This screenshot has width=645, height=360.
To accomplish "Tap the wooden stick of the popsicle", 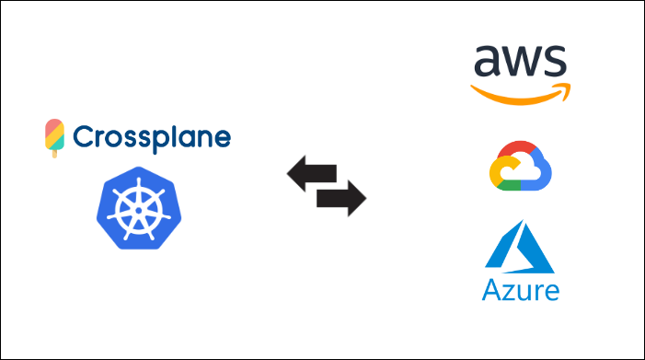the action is pyautogui.click(x=54, y=154).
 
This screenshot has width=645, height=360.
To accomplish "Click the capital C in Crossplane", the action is pyautogui.click(x=83, y=136).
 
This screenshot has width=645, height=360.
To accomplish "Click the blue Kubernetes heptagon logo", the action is pyautogui.click(x=139, y=208).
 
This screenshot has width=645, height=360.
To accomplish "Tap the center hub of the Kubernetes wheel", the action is pyautogui.click(x=139, y=211).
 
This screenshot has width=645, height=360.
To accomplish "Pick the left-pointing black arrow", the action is pyautogui.click(x=312, y=174).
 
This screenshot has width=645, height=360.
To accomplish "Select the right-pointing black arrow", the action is pyautogui.click(x=341, y=198).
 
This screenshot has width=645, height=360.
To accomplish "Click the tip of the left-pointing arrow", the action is pyautogui.click(x=287, y=174).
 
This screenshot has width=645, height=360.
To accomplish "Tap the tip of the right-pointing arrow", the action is pyautogui.click(x=366, y=198).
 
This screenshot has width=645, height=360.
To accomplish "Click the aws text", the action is pyautogui.click(x=521, y=61).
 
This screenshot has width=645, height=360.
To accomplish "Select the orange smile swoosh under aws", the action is pyautogui.click(x=521, y=94).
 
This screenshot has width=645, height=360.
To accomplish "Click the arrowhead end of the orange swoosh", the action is pyautogui.click(x=567, y=88).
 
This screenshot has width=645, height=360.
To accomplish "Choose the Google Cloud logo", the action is pyautogui.click(x=521, y=166).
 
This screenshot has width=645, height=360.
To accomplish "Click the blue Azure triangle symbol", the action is pyautogui.click(x=520, y=247).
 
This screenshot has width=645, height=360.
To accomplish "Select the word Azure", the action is pyautogui.click(x=521, y=290).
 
